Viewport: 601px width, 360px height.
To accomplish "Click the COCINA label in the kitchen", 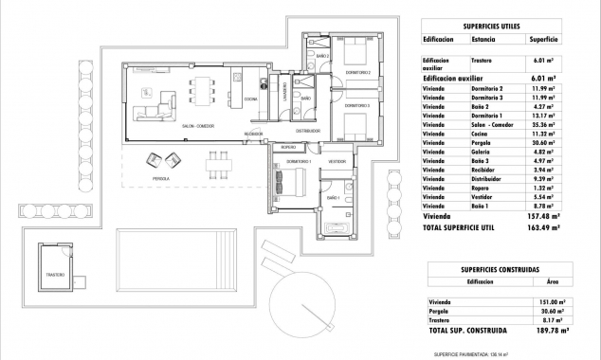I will [x=250, y=99].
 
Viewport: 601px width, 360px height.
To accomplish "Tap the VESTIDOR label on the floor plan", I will [x=337, y=163].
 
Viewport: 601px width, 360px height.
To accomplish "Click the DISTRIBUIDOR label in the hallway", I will [x=308, y=131].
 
